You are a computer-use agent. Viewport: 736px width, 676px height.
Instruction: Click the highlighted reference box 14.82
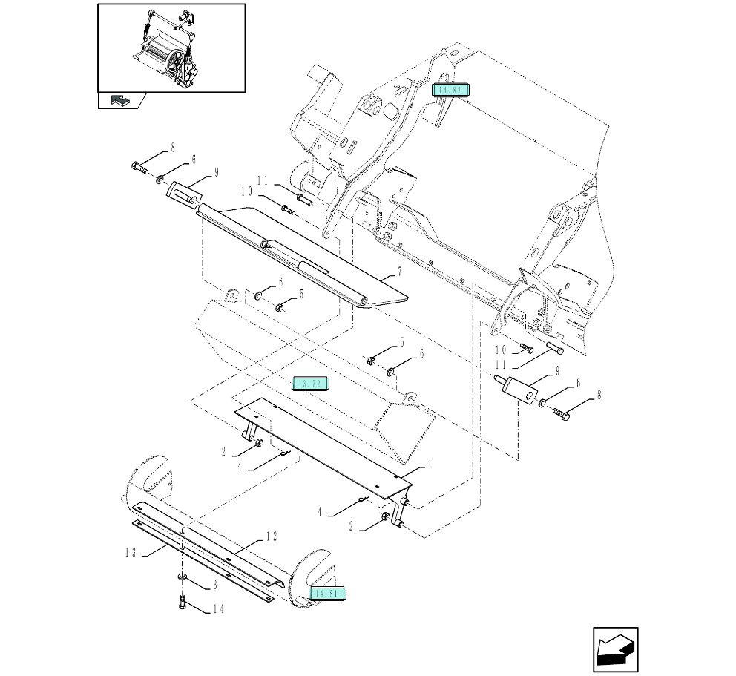(x=450, y=90)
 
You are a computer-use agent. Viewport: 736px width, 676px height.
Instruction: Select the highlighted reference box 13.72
(x=311, y=384)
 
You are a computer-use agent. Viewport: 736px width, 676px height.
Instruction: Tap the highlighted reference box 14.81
(x=328, y=594)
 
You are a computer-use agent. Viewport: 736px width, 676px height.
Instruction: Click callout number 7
(x=399, y=272)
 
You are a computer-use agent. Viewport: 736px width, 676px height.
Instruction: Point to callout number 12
(x=272, y=536)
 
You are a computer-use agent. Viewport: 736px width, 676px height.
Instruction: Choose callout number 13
(x=131, y=551)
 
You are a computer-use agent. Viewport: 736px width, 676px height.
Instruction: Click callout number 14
(x=217, y=609)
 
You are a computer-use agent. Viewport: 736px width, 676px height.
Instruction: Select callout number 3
(x=214, y=585)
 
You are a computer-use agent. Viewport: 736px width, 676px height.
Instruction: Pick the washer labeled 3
(x=182, y=577)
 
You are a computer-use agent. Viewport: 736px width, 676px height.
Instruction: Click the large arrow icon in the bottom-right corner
(x=615, y=650)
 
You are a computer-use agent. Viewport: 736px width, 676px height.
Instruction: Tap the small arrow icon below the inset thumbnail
(x=119, y=100)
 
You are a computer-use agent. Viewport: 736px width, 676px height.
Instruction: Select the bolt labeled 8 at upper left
(x=139, y=167)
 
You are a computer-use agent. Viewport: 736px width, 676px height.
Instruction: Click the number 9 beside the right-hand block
(x=556, y=370)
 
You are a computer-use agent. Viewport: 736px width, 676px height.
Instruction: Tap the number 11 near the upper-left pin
(x=262, y=180)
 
